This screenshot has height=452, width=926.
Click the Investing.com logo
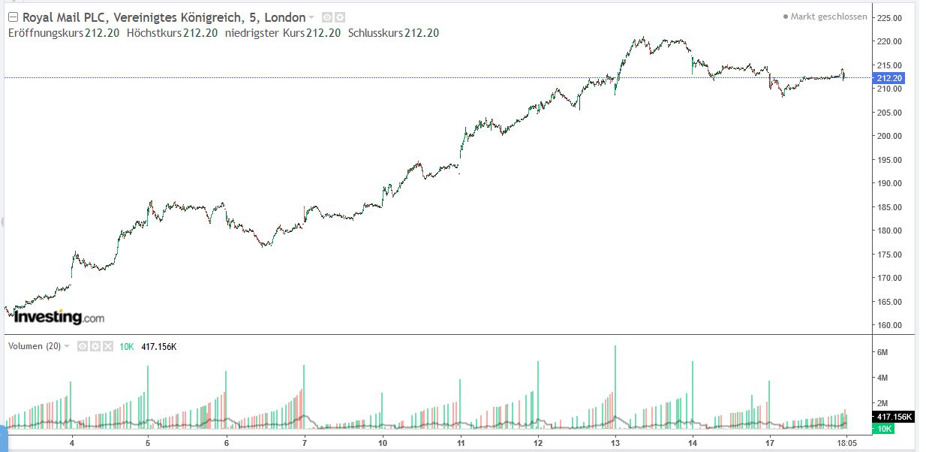[59, 318]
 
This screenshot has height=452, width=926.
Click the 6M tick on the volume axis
[882, 352]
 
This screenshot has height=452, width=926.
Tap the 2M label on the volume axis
[882, 403]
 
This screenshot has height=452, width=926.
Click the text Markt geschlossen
[829, 17]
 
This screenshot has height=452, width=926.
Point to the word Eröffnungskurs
[45, 33]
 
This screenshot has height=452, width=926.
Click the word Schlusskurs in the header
[375, 33]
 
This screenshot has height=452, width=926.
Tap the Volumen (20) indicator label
[35, 346]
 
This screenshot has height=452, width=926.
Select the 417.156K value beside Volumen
[158, 346]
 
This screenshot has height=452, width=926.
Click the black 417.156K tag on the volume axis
[893, 417]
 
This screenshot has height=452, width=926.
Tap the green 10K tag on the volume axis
[883, 428]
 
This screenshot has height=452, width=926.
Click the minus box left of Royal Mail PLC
[13, 17]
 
